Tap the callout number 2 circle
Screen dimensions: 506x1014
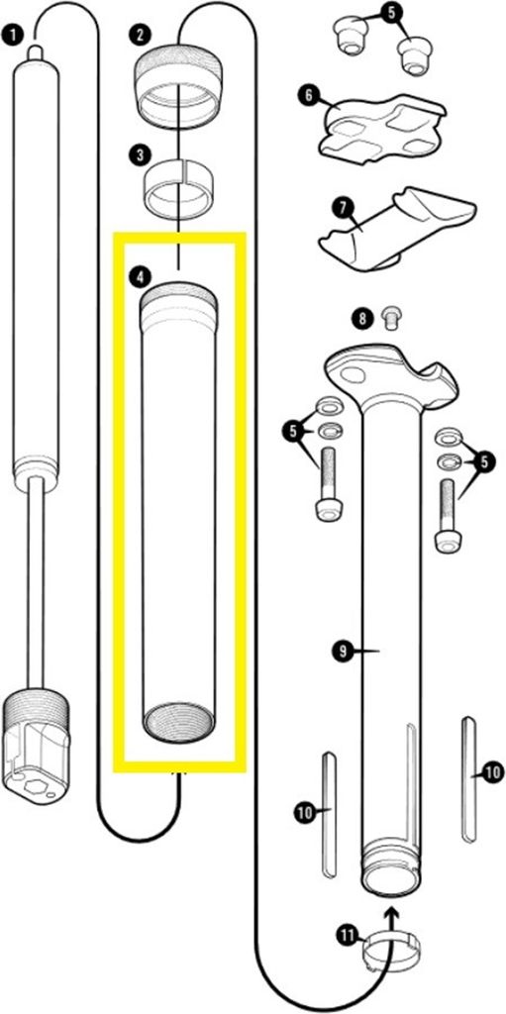[140, 35]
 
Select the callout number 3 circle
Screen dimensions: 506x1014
[140, 155]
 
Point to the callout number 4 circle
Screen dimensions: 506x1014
[139, 277]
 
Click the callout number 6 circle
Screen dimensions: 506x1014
[308, 95]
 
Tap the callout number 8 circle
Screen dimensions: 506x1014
[361, 318]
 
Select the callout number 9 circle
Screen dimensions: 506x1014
[343, 652]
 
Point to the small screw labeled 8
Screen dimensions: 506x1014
[390, 318]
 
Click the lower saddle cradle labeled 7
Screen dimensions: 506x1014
[397, 229]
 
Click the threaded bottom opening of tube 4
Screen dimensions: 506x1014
[178, 723]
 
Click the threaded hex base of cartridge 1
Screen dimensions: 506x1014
[37, 737]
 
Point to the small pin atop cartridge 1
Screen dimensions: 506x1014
[36, 53]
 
